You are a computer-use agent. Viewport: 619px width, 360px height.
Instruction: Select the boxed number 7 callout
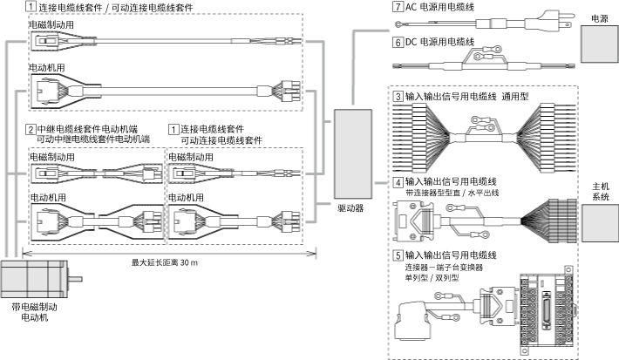(398, 7)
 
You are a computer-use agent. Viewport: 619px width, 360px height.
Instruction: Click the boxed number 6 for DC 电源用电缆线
(398, 42)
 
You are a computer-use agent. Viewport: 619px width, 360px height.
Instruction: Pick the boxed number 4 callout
(398, 182)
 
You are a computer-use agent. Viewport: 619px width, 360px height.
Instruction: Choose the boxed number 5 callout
(398, 255)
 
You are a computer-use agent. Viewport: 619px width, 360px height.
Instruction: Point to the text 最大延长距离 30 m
(165, 262)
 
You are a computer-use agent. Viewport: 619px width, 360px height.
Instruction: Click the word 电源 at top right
(599, 17)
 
